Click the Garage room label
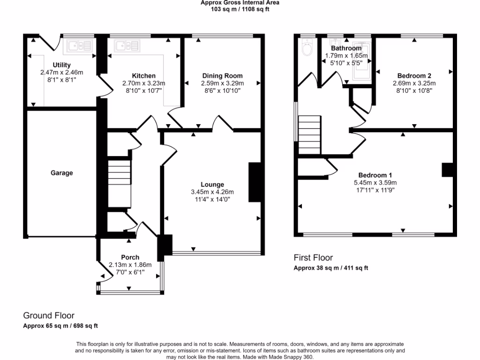pyautogui.click(x=62, y=173)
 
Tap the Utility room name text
pyautogui.click(x=62, y=65)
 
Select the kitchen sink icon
pyautogui.click(x=127, y=45)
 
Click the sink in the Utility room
pyautogui.click(x=79, y=45)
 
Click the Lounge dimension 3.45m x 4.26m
pyautogui.click(x=212, y=192)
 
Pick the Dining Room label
pyautogui.click(x=223, y=76)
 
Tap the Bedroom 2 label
pyautogui.click(x=414, y=76)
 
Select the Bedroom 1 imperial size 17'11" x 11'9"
pyautogui.click(x=375, y=190)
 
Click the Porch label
pyautogui.click(x=130, y=257)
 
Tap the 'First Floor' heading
pyautogui.click(x=313, y=257)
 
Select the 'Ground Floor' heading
pyautogui.click(x=49, y=315)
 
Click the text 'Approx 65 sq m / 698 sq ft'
pyautogui.click(x=60, y=326)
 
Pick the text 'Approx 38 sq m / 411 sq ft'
pyautogui.click(x=331, y=268)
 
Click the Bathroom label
pyautogui.click(x=346, y=48)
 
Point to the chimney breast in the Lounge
pyautogui.click(x=254, y=182)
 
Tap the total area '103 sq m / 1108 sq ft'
pyautogui.click(x=240, y=9)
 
